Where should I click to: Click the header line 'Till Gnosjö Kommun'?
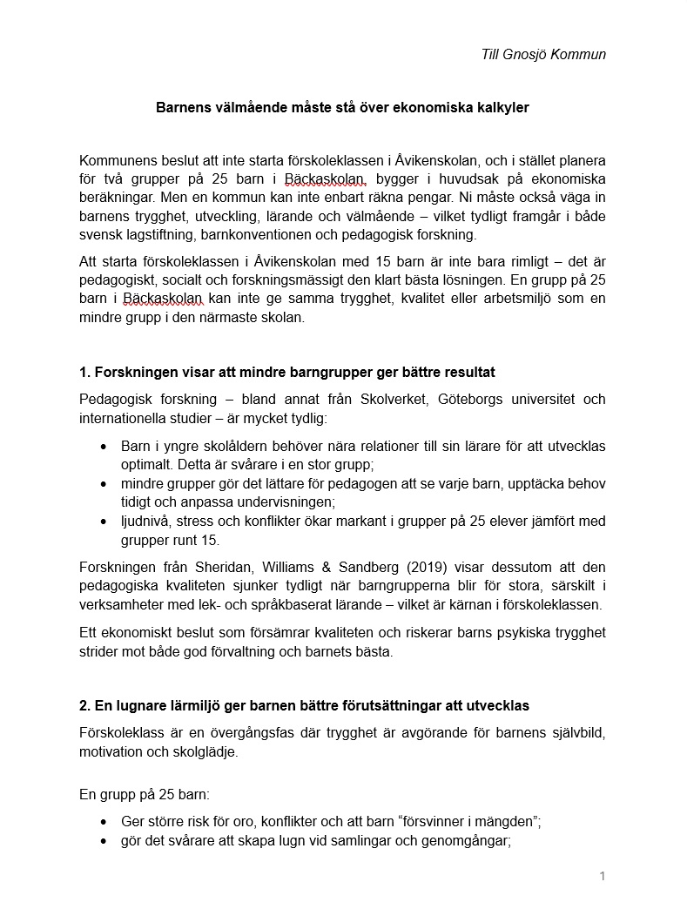(x=543, y=54)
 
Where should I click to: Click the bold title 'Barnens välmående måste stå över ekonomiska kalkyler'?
(x=342, y=108)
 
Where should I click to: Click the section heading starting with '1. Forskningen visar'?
(x=286, y=373)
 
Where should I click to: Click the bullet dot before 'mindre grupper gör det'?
(x=104, y=484)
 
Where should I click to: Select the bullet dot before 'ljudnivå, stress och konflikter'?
(x=104, y=522)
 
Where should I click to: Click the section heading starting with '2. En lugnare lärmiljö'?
(x=304, y=705)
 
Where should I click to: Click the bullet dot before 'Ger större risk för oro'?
(x=104, y=822)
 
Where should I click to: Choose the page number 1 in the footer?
(x=602, y=876)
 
